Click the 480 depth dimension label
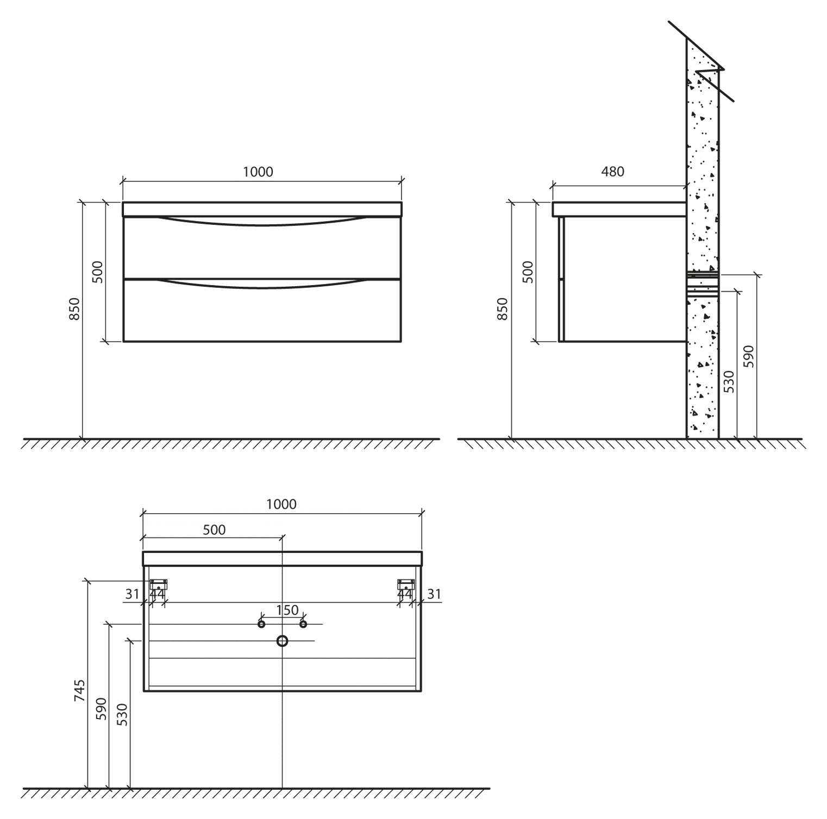point(613,172)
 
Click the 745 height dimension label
point(80,690)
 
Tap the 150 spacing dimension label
point(287,610)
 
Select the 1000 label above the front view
point(258,172)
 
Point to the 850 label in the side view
point(503,308)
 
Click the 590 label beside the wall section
point(749,356)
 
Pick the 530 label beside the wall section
point(729,382)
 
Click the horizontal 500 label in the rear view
point(214,530)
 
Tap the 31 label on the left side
point(133,594)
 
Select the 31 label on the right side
point(434,594)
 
